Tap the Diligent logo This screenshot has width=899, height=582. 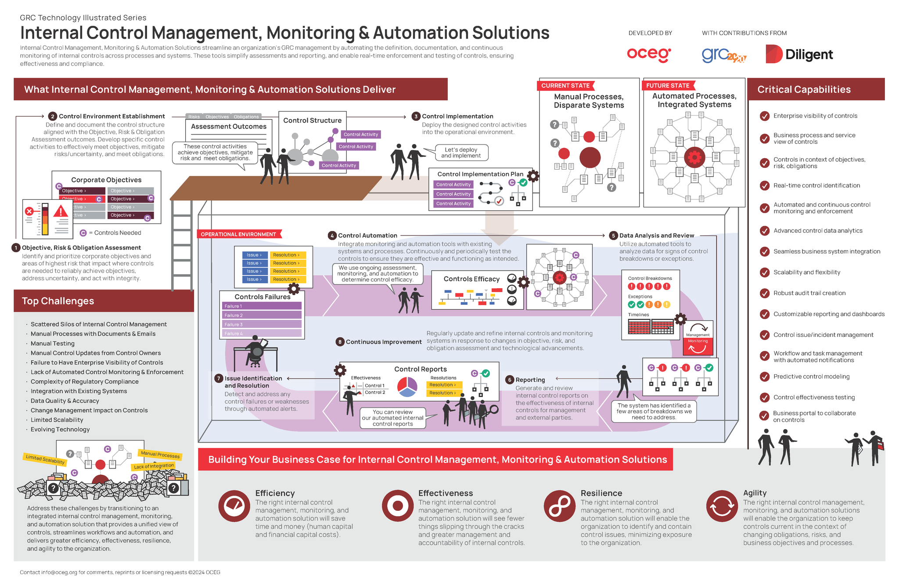pyautogui.click(x=799, y=54)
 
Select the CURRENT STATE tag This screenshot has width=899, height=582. pyautogui.click(x=565, y=86)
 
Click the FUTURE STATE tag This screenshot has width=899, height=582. pyautogui.click(x=668, y=86)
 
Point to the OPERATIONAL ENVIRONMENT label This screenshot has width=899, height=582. pyautogui.click(x=238, y=234)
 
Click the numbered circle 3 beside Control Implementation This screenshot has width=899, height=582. pyautogui.click(x=416, y=116)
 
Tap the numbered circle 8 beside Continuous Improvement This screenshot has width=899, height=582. pyautogui.click(x=340, y=342)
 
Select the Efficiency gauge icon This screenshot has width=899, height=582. pyautogui.click(x=234, y=506)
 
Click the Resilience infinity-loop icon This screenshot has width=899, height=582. pyautogui.click(x=560, y=506)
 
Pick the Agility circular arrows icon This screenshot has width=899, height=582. pyautogui.click(x=722, y=506)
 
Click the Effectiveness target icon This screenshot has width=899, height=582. pyautogui.click(x=398, y=506)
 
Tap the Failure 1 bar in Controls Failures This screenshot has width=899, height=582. pyautogui.click(x=262, y=306)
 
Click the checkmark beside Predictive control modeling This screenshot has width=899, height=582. pyautogui.click(x=765, y=376)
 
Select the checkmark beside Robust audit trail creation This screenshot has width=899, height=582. pyautogui.click(x=765, y=293)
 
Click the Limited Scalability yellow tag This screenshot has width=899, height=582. pyautogui.click(x=45, y=459)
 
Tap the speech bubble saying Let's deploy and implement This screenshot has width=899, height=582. pyautogui.click(x=461, y=153)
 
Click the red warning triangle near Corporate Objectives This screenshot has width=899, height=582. pyautogui.click(x=61, y=212)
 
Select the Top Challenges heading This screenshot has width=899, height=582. pyautogui.click(x=58, y=301)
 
